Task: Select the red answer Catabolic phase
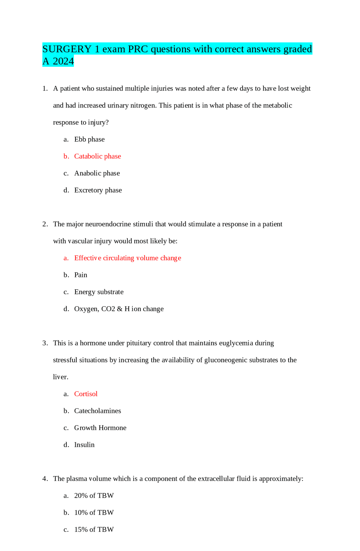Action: click(97, 156)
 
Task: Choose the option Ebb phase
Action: click(89, 140)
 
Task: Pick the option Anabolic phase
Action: click(97, 173)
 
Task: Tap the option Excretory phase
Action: click(98, 190)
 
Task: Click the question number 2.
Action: click(45, 224)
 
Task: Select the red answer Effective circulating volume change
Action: click(127, 258)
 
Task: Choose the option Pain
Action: click(80, 275)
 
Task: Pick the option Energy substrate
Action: click(99, 292)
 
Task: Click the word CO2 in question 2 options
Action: click(108, 309)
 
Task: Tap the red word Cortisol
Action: click(86, 394)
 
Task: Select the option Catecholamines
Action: click(97, 411)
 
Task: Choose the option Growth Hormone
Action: click(100, 428)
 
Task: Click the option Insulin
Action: click(84, 445)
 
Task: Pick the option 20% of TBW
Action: click(94, 496)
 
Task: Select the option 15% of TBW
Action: click(94, 530)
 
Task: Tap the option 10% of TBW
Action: click(94, 513)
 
